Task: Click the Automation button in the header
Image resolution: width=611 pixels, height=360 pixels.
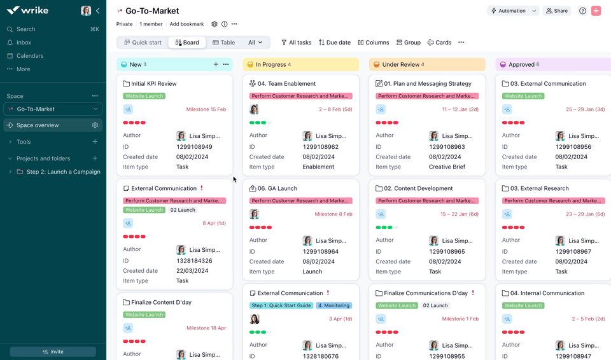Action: click(508, 11)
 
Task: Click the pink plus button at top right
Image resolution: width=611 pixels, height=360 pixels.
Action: click(596, 11)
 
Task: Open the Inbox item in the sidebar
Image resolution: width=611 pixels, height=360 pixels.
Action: click(24, 43)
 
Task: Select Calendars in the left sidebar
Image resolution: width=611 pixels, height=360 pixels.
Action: click(30, 56)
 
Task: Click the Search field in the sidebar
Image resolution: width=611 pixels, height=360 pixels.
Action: click(26, 29)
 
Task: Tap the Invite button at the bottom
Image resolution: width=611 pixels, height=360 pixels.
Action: click(53, 352)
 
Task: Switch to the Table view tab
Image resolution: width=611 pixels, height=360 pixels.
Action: click(223, 43)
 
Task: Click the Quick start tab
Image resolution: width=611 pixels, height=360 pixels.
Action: click(143, 43)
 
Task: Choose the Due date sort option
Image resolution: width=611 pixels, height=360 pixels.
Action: click(335, 43)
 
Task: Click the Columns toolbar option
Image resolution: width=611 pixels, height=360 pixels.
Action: click(374, 43)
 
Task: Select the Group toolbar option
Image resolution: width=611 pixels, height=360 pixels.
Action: click(408, 43)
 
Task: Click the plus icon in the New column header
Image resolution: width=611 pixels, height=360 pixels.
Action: click(216, 64)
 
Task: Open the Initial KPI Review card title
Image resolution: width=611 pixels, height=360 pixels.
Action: click(153, 84)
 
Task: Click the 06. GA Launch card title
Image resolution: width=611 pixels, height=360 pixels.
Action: click(277, 189)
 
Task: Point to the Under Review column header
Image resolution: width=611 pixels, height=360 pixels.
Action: click(401, 64)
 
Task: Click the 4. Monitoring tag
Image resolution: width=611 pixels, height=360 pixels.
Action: click(334, 306)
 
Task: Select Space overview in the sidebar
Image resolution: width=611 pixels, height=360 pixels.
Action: click(38, 125)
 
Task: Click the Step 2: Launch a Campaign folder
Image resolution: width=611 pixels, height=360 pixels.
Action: click(63, 172)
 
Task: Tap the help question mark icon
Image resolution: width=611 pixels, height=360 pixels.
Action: click(582, 11)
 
